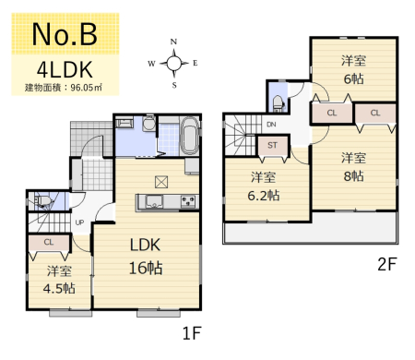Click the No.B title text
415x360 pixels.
point(65,34)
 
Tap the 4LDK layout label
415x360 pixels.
point(65,69)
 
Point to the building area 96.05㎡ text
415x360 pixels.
point(64,88)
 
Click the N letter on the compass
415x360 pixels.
point(173,42)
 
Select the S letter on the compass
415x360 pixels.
point(174,85)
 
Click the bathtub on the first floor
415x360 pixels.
point(189,136)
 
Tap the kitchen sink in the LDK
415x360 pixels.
point(154,202)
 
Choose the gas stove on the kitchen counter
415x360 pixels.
point(188,201)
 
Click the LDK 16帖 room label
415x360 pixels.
point(146,257)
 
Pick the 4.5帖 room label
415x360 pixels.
point(59,280)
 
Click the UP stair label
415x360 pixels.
point(79,222)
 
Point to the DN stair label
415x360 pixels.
point(271,125)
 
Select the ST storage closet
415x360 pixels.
point(273,146)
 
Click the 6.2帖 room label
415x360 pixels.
point(264,186)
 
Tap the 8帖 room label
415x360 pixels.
point(353,167)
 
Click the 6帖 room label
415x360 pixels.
point(353,70)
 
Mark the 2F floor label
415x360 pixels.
point(387,264)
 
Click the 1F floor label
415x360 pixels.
point(192,333)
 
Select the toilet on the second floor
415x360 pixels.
point(279,102)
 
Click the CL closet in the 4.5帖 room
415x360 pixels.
point(49,243)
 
